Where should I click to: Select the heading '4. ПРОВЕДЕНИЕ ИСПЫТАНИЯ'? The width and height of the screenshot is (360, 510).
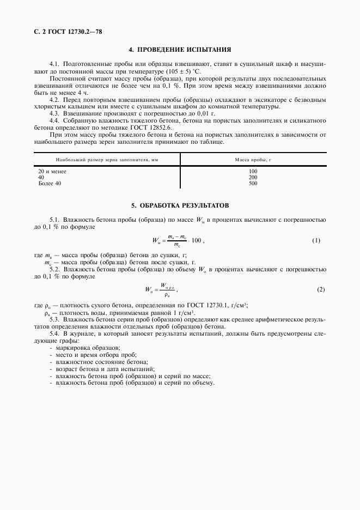tap(180, 49)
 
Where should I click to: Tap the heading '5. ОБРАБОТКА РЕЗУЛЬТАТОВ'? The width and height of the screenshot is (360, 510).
tap(180, 205)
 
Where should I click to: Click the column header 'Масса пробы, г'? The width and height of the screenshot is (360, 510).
tap(253, 160)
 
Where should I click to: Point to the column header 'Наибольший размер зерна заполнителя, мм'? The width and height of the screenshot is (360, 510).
tap(107, 160)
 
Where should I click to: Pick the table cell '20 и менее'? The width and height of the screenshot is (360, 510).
tap(52, 172)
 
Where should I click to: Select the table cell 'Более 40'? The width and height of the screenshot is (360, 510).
tap(50, 184)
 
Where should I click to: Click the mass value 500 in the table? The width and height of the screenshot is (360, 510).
tap(253, 184)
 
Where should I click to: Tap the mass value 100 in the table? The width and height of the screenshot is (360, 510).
tap(253, 172)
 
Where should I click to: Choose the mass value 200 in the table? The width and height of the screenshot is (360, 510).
tap(253, 178)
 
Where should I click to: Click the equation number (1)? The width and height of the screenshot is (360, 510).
tap(316, 240)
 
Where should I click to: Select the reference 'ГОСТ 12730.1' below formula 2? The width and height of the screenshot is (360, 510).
tap(205, 306)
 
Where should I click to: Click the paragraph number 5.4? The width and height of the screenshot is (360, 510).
tap(54, 332)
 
